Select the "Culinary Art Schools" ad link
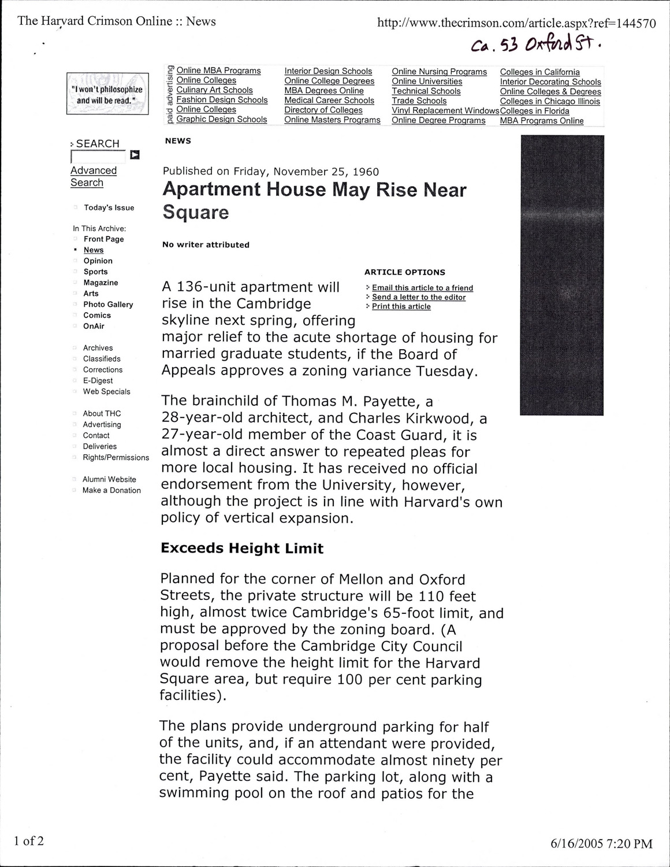[x=214, y=90]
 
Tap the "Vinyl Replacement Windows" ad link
[x=445, y=110]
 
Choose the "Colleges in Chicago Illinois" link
[x=550, y=101]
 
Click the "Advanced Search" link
[x=93, y=176]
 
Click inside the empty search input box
[x=98, y=156]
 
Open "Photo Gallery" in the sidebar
[x=108, y=305]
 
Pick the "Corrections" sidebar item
[x=103, y=370]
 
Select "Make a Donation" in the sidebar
[x=111, y=490]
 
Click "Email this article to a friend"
[x=422, y=288]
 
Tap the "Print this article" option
[x=401, y=306]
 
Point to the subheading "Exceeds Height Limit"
[x=242, y=548]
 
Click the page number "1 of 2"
[x=29, y=840]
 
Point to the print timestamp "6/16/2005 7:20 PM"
[x=601, y=844]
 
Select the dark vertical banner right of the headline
[x=561, y=275]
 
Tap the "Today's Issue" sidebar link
[x=109, y=208]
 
